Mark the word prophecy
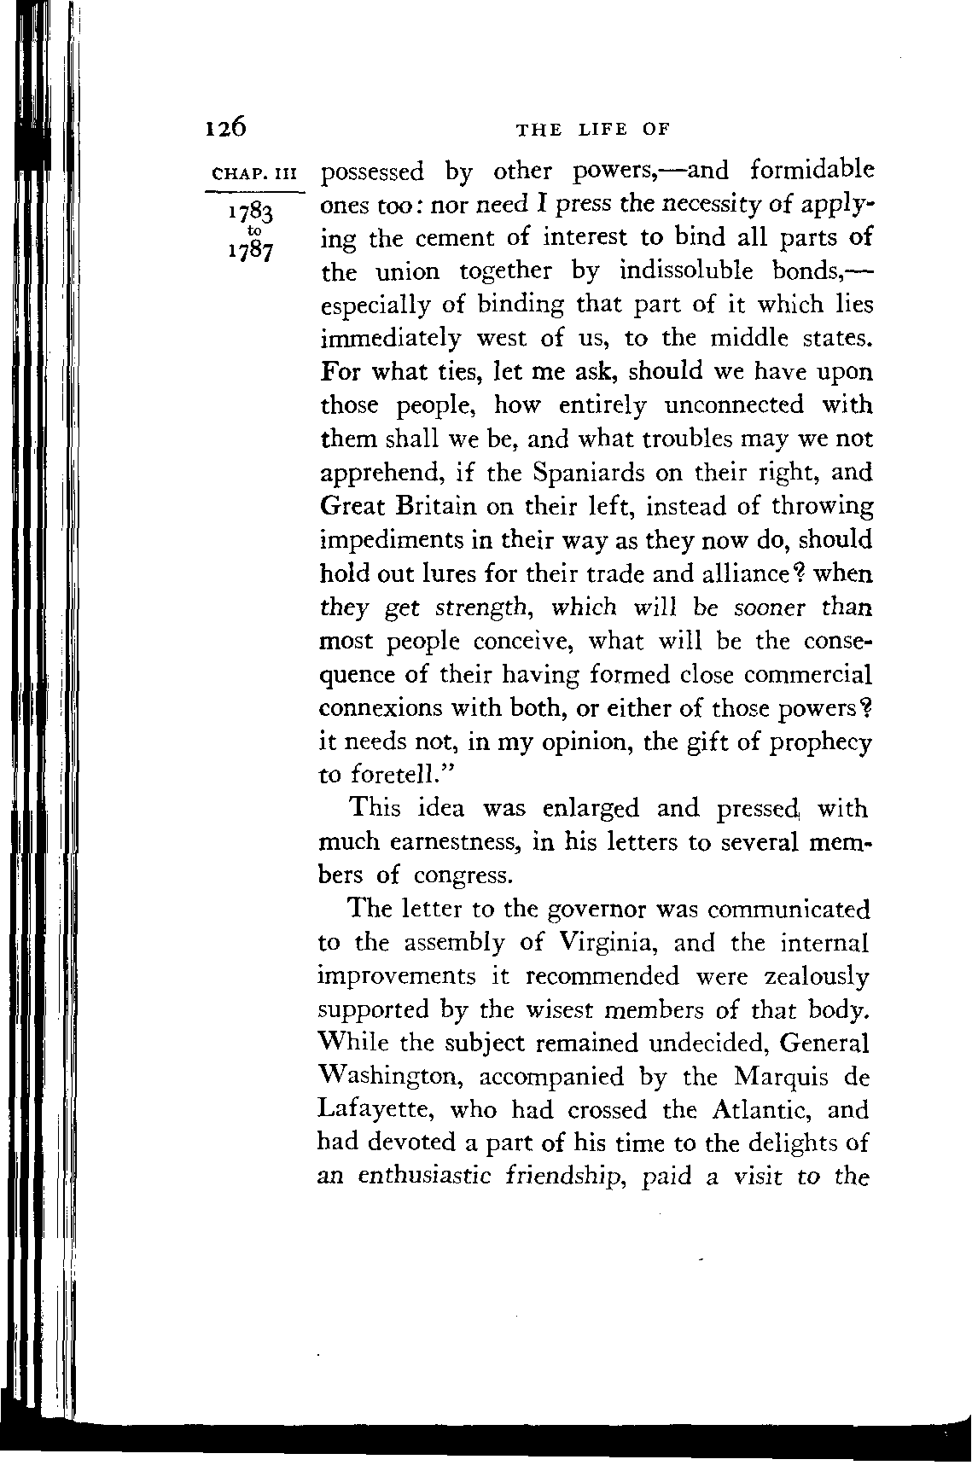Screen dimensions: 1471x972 click(821, 742)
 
